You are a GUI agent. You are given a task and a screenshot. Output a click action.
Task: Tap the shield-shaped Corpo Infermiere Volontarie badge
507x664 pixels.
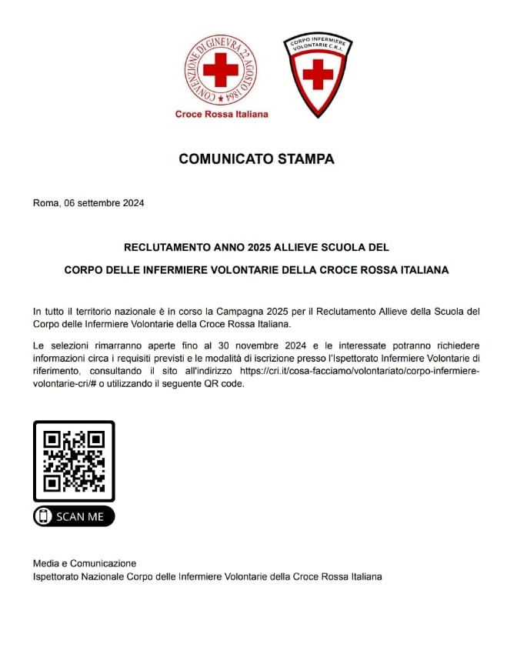click(317, 74)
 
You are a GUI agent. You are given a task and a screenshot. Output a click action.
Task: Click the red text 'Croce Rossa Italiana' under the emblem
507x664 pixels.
click(222, 114)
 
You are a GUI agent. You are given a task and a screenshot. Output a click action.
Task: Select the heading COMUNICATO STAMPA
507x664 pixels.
click(256, 159)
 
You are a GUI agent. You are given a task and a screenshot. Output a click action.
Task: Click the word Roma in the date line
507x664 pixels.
click(45, 204)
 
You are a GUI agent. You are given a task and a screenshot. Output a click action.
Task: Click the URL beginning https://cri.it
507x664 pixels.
click(359, 371)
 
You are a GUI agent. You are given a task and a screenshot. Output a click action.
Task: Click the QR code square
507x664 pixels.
click(74, 460)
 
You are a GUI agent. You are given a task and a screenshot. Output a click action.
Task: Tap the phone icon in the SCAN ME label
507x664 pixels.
click(44, 516)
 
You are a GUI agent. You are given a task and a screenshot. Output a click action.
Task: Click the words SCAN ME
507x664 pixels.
click(80, 516)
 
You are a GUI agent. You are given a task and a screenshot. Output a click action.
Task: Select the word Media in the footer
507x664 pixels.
click(45, 563)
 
